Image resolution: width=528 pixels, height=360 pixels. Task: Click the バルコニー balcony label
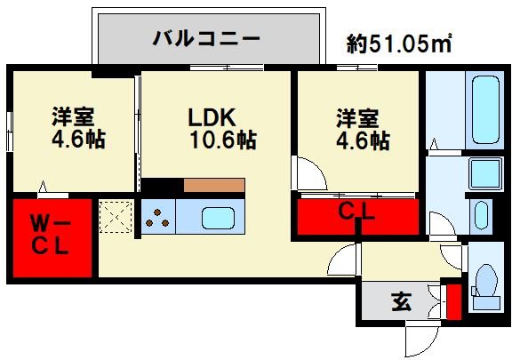pos(205,38)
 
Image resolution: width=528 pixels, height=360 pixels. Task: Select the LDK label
pos(210,117)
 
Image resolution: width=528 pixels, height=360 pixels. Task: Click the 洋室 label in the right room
pos(356,117)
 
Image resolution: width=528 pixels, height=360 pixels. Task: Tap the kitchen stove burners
pos(156,219)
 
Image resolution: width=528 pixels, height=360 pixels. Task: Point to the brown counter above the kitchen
pos(214,186)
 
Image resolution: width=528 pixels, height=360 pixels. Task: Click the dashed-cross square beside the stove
pos(115,218)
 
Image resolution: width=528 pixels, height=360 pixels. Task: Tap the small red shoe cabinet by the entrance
pos(453,300)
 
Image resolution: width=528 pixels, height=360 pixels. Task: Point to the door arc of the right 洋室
pos(309,172)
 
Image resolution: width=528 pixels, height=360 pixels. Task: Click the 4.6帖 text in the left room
pos(77,140)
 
